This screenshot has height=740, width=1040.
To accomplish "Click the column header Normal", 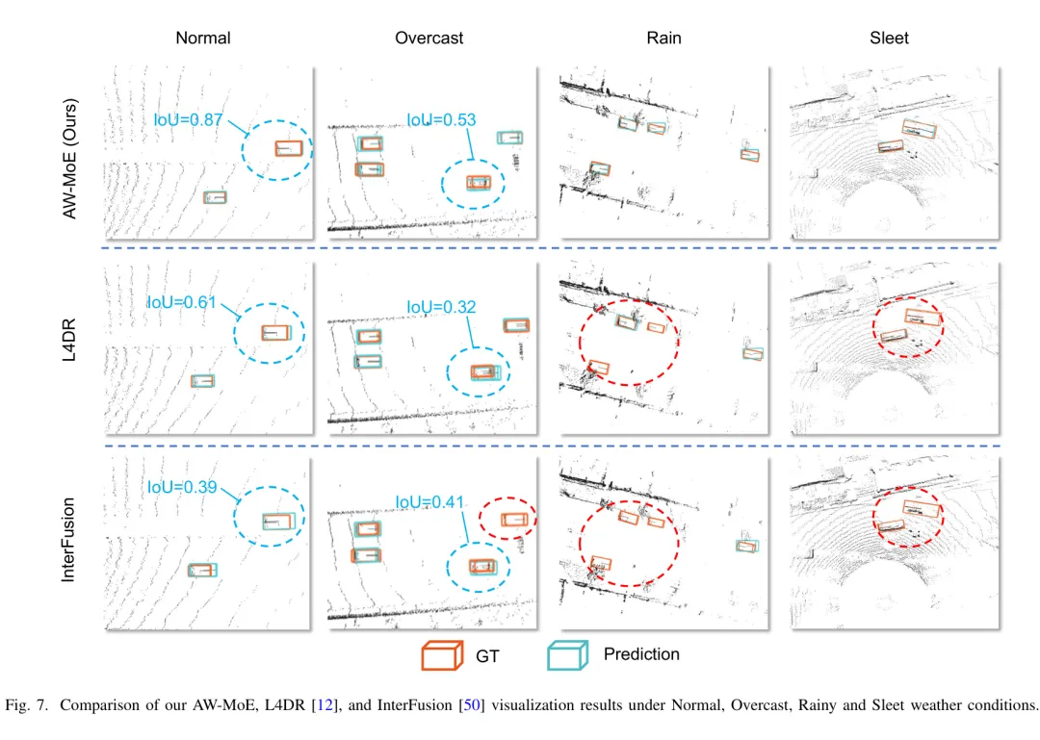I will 202,38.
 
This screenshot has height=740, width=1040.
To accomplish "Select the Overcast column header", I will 429,38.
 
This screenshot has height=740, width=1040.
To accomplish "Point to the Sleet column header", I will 889,38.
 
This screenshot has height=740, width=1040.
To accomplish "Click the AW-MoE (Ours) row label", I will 70,159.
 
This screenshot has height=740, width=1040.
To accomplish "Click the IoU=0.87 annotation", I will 189,119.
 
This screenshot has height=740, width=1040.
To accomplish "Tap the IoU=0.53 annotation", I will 441,120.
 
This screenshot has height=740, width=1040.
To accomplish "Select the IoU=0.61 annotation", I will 181,301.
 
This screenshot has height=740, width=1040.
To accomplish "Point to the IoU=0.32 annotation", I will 441,307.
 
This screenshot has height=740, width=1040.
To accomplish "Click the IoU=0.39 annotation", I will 182,487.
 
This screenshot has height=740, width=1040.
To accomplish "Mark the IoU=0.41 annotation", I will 430,500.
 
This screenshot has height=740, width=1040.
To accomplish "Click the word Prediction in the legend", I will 641,654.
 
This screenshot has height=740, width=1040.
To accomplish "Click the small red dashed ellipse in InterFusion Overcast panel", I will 507,520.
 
